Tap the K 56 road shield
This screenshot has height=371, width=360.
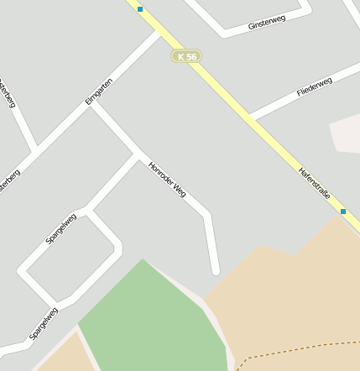point(186,56)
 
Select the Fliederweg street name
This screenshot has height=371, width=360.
point(314,86)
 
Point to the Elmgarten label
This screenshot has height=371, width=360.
point(98,91)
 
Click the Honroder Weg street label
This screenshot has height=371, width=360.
point(166,179)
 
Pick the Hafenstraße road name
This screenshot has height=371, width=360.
point(315,183)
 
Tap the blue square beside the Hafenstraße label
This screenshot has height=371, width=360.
point(342,212)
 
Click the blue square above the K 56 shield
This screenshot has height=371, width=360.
point(140,9)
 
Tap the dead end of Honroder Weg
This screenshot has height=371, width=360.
point(215,270)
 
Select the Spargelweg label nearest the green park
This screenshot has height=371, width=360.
point(44,324)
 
